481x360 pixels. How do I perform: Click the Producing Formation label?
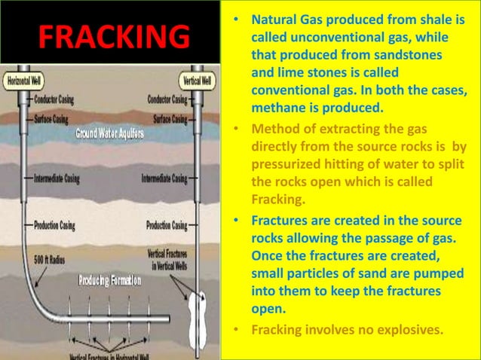pos(110,281)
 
